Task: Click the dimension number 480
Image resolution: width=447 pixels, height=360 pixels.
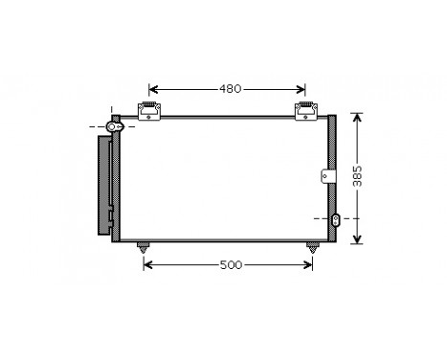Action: click(x=229, y=89)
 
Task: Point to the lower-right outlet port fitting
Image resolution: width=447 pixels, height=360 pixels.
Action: click(x=335, y=220)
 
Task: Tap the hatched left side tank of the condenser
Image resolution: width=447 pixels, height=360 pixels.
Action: click(x=116, y=187)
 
